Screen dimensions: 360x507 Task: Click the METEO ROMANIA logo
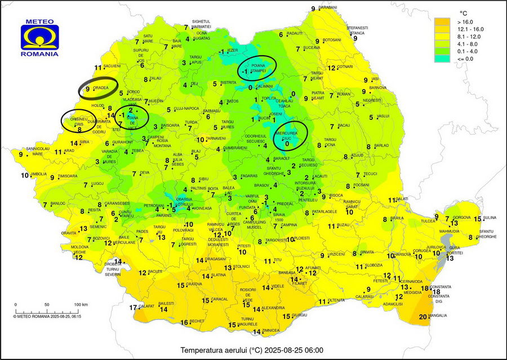(x=39, y=38)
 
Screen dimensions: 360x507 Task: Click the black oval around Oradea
(x=98, y=89)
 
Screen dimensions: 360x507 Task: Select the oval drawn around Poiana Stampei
(x=257, y=68)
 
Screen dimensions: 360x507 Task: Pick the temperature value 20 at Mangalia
(x=424, y=317)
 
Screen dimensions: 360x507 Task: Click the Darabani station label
(x=328, y=7)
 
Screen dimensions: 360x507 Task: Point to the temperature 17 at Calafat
(x=133, y=308)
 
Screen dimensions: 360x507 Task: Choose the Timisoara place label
(x=67, y=176)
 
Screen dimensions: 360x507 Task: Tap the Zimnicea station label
(x=270, y=330)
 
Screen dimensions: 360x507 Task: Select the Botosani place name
(x=332, y=40)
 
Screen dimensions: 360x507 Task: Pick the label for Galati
(x=402, y=198)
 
